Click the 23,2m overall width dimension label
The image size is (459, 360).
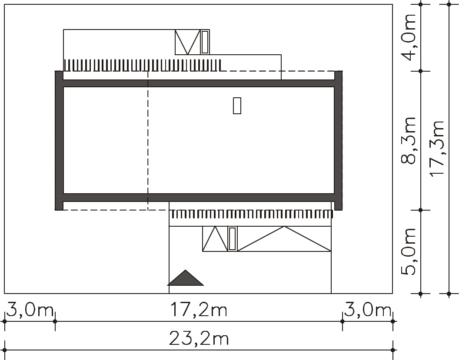pyautogui.click(x=199, y=339)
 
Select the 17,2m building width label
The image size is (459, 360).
pyautogui.click(x=199, y=310)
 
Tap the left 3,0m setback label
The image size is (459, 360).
pyautogui.click(x=30, y=310)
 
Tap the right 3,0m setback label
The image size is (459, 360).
pyautogui.click(x=368, y=310)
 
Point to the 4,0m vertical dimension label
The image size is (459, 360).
pyautogui.click(x=408, y=37)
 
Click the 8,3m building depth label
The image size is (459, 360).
pyautogui.click(x=408, y=140)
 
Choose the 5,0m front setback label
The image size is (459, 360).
pyautogui.click(x=408, y=251)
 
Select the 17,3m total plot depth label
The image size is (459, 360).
pyautogui.click(x=437, y=149)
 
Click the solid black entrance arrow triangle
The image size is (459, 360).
pyautogui.click(x=185, y=277)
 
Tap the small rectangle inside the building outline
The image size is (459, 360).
pyautogui.click(x=237, y=106)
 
